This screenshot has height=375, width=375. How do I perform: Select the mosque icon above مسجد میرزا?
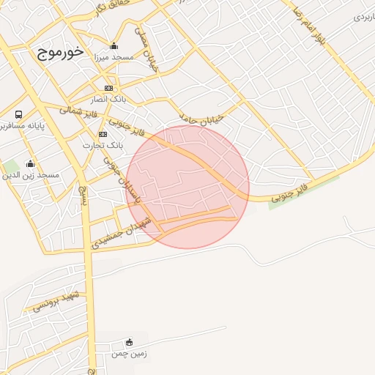(x=114, y=45)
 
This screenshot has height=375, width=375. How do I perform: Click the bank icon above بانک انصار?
(x=108, y=88)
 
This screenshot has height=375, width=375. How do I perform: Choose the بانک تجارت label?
(x=102, y=144)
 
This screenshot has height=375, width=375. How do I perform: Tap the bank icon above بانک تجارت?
(x=103, y=134)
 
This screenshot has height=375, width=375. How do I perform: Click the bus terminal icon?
(x=18, y=114)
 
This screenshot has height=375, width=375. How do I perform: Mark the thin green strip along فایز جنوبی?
(x=303, y=193)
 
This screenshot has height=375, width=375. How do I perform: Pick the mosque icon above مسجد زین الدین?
(x=30, y=163)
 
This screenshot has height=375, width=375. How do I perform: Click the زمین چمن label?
(x=130, y=353)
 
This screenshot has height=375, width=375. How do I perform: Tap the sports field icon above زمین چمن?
(x=130, y=342)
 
